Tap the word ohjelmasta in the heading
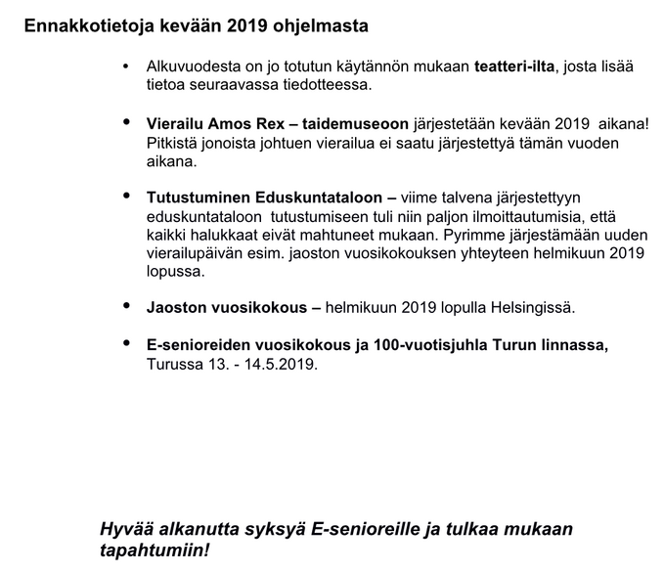327,22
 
